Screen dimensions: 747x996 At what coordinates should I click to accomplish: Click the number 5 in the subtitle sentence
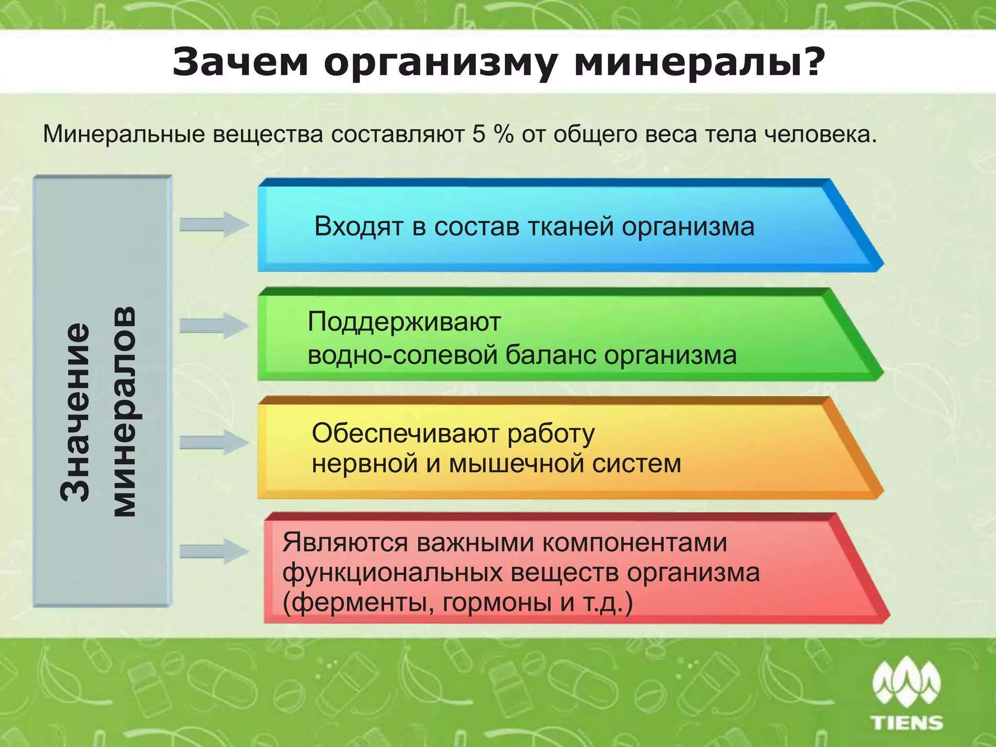tap(479, 134)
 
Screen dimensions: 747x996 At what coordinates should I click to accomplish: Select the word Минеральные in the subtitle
tap(124, 134)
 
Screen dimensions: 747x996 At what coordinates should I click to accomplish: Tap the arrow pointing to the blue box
tap(213, 225)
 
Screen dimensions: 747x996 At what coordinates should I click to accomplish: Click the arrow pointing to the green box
tap(213, 325)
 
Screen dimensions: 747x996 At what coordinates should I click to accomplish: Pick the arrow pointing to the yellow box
tap(213, 442)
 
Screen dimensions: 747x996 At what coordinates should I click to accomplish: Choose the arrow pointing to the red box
tap(213, 551)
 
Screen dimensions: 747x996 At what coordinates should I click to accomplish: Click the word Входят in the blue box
tap(359, 227)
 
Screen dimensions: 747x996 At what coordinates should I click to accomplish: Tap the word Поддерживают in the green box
tap(404, 322)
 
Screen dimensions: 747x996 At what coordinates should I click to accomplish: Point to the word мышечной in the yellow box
tap(516, 463)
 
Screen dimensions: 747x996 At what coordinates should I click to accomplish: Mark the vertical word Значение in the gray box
tap(75, 411)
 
